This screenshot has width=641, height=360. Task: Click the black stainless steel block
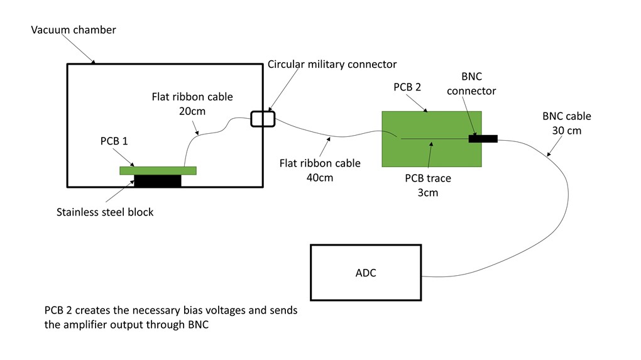click(157, 181)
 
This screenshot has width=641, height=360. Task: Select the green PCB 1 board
click(158, 170)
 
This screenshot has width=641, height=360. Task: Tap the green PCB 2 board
click(431, 154)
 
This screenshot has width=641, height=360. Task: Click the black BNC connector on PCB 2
click(483, 138)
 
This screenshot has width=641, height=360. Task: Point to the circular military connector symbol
click(263, 118)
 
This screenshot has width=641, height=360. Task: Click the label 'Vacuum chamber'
click(74, 30)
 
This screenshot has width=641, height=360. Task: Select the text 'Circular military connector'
click(332, 64)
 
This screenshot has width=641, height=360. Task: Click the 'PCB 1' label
click(114, 141)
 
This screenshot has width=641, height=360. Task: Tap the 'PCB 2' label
click(407, 87)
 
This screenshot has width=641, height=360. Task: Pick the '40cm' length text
click(320, 178)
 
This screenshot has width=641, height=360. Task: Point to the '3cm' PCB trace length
click(427, 192)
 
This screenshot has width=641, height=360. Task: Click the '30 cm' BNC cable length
click(566, 131)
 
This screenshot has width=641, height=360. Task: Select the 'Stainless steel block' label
click(105, 212)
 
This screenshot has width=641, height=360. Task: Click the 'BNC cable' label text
click(566, 116)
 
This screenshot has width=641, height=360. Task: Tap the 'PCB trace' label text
click(427, 178)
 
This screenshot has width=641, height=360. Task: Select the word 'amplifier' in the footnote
click(87, 325)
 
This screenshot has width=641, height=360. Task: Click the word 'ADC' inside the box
click(366, 273)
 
